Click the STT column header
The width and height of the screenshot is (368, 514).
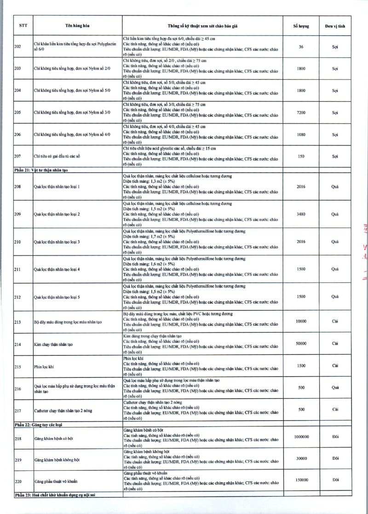pyautogui.click(x=22, y=26)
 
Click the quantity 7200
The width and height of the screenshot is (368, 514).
pyautogui.click(x=301, y=112)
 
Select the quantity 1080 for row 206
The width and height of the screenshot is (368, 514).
pyautogui.click(x=301, y=134)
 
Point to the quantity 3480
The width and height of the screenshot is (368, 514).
pyautogui.click(x=301, y=214)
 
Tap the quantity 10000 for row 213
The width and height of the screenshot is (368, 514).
pyautogui.click(x=301, y=321)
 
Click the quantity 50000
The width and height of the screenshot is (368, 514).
pyautogui.click(x=301, y=343)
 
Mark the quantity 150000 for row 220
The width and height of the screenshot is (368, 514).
pyautogui.click(x=301, y=479)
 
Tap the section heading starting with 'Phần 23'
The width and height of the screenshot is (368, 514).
pyautogui.click(x=57, y=495)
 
